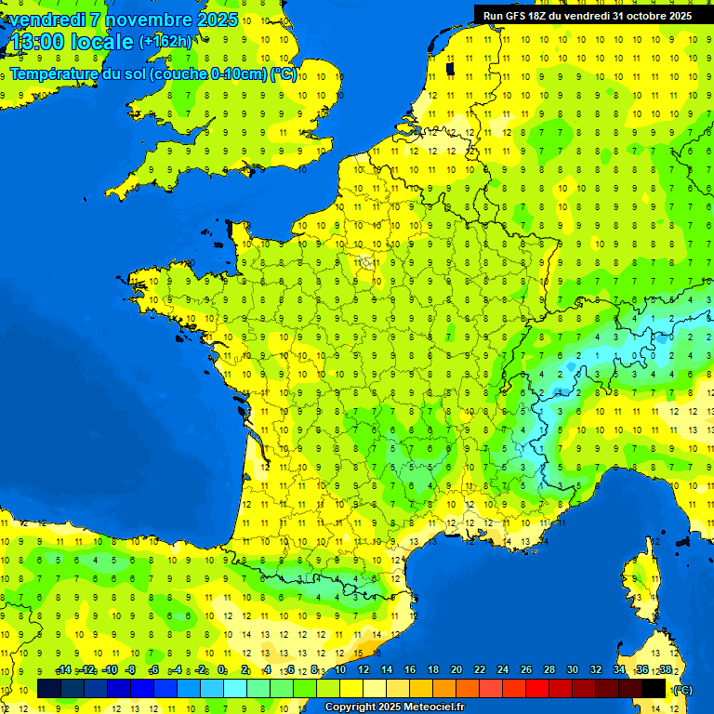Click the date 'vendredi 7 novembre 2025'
[123, 20]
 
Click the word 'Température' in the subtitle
[57, 73]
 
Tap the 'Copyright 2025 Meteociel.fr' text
[394, 707]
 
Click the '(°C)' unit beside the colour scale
[682, 689]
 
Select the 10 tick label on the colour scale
[339, 670]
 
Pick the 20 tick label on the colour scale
[456, 670]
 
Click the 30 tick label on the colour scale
[572, 670]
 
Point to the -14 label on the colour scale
[63, 670]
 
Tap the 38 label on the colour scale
[665, 670]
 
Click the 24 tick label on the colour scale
[502, 670]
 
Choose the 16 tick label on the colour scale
[409, 670]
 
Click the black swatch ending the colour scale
[654, 688]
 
